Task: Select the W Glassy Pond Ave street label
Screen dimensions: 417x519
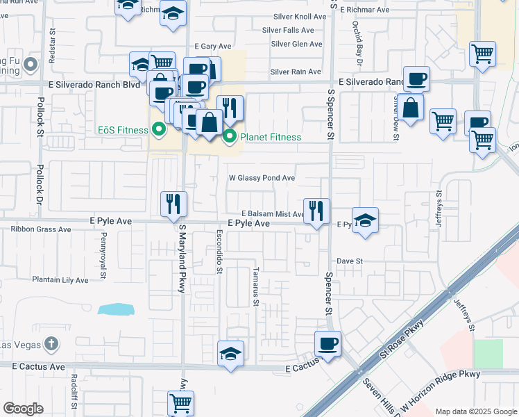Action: (262, 178)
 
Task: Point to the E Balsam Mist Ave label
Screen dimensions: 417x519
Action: (272, 214)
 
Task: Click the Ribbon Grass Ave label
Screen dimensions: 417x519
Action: (41, 229)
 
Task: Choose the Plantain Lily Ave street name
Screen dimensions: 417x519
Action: (60, 280)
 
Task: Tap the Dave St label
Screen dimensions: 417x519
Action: (350, 261)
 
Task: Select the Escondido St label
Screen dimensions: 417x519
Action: (219, 252)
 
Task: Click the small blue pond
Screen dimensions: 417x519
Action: (113, 309)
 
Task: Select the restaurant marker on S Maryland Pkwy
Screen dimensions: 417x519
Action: (173, 204)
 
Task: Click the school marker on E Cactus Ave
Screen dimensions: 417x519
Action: (230, 354)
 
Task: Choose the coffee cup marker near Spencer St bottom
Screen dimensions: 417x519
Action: (327, 343)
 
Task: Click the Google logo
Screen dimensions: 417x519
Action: (24, 409)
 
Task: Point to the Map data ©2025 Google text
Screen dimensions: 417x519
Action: (475, 411)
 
